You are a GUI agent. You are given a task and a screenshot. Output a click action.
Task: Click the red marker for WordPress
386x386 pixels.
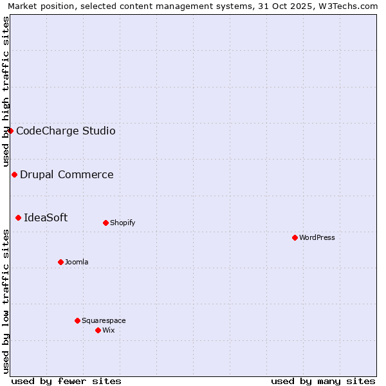pyautogui.click(x=295, y=237)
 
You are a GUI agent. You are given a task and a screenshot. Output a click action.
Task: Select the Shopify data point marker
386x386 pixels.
pyautogui.click(x=106, y=223)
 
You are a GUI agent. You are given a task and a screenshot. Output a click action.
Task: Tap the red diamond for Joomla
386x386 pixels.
pyautogui.click(x=60, y=262)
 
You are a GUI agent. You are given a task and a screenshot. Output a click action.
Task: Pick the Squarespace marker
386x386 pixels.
pyautogui.click(x=77, y=320)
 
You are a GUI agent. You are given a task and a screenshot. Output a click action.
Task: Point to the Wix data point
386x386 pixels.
pyautogui.click(x=98, y=330)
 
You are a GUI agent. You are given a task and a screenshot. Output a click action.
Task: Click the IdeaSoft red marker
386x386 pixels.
pyautogui.click(x=18, y=217)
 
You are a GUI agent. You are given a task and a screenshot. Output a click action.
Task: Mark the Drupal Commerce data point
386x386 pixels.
pyautogui.click(x=14, y=174)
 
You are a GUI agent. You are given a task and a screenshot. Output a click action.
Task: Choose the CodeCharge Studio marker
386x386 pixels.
pyautogui.click(x=10, y=131)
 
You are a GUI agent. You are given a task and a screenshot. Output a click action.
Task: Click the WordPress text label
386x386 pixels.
pyautogui.click(x=317, y=237)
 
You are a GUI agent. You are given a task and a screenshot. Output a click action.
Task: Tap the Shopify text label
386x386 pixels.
pyautogui.click(x=122, y=223)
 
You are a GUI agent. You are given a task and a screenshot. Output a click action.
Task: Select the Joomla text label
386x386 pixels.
pyautogui.click(x=77, y=262)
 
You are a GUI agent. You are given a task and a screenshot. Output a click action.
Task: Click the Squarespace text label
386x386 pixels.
pyautogui.click(x=104, y=320)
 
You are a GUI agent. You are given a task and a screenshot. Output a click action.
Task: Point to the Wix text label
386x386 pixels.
pyautogui.click(x=108, y=330)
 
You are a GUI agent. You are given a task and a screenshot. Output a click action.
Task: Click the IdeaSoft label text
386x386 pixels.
pyautogui.click(x=46, y=217)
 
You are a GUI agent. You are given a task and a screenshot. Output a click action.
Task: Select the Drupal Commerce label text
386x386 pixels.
pyautogui.click(x=67, y=174)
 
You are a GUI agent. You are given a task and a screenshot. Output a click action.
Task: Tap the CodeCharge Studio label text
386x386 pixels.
pyautogui.click(x=66, y=131)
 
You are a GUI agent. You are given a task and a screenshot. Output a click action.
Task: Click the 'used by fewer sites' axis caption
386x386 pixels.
pyautogui.click(x=66, y=381)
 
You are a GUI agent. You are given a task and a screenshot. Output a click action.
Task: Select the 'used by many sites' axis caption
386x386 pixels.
pyautogui.click(x=323, y=381)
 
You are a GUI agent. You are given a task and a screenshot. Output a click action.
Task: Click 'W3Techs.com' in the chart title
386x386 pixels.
pyautogui.click(x=351, y=6)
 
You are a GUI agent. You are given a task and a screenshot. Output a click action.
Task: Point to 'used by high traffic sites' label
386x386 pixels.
pyautogui.click(x=6, y=91)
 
